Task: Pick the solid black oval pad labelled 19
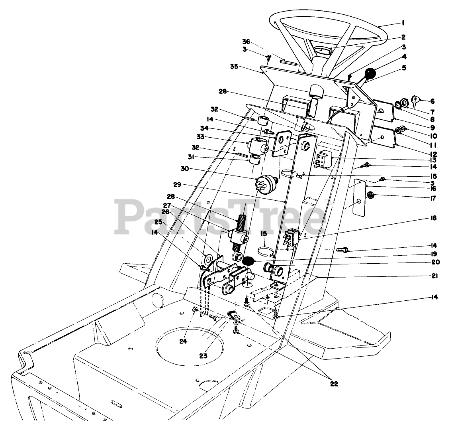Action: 249,261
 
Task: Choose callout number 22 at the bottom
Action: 334,384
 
